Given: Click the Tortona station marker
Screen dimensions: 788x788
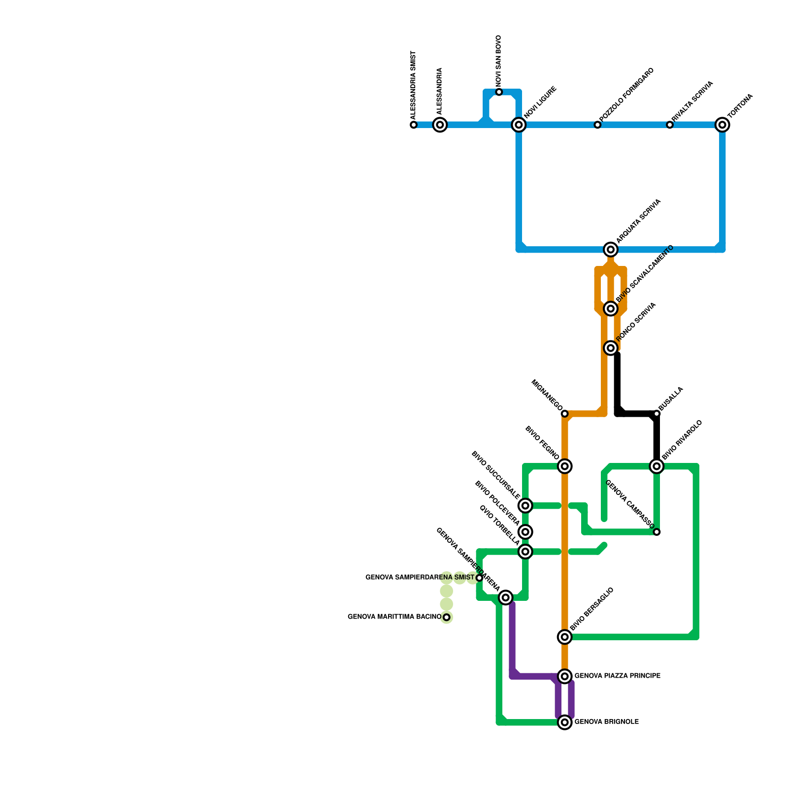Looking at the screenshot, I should click(722, 125).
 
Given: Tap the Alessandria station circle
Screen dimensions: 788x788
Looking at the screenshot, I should click(440, 125).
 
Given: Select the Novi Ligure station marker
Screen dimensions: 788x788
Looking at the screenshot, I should click(519, 125).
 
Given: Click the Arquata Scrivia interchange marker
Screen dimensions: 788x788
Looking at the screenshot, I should click(611, 250).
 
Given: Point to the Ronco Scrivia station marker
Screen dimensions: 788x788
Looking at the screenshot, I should click(611, 348).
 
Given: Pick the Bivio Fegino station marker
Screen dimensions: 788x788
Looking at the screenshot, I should click(565, 466).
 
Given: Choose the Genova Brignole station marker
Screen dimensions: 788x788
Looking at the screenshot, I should click(565, 722).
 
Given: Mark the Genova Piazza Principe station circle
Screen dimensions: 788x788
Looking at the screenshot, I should click(565, 676).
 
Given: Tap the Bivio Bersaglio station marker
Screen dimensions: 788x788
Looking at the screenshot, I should click(565, 637).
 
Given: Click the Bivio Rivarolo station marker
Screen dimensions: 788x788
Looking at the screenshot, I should click(657, 466).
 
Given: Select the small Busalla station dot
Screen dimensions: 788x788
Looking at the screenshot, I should click(657, 414).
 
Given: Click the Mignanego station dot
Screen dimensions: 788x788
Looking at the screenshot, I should click(565, 414).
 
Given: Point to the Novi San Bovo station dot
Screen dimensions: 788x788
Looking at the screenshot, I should click(499, 92).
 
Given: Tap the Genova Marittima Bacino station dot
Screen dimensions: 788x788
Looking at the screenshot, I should click(446, 617).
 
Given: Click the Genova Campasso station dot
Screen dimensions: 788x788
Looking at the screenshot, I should click(657, 532).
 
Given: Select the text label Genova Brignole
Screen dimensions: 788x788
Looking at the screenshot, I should click(607, 722).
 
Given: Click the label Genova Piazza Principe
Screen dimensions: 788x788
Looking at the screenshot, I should click(618, 676).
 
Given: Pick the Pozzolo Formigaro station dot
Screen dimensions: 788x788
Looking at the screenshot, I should click(597, 125).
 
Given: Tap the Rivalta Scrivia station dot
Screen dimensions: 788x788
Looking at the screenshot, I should click(670, 125).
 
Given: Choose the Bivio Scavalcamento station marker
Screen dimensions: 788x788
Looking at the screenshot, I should click(611, 309).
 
